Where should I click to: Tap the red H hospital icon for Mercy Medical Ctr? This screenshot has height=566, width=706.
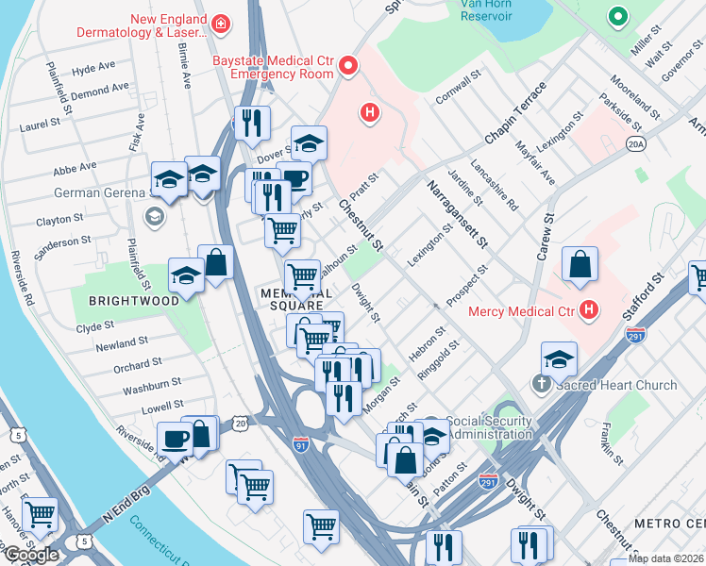pos(590,309)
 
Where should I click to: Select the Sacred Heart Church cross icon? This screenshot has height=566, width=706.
pos(542,384)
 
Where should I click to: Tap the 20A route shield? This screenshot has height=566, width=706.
pos(635,143)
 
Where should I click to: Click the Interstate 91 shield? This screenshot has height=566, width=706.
pos(301,442)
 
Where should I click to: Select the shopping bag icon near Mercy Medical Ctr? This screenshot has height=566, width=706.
pos(579,266)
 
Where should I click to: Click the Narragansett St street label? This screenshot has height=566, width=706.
pos(454,215)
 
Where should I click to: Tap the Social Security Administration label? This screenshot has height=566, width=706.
pos(488,428)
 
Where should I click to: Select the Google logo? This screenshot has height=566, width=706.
pos(30,555)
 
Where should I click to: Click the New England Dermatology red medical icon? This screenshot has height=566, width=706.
pos(220,23)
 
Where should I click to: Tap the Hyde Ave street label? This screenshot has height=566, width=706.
pos(93,69)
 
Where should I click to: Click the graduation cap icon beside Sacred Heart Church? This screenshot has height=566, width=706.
pos(559,358)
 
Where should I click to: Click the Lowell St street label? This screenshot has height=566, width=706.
pos(137,407)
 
